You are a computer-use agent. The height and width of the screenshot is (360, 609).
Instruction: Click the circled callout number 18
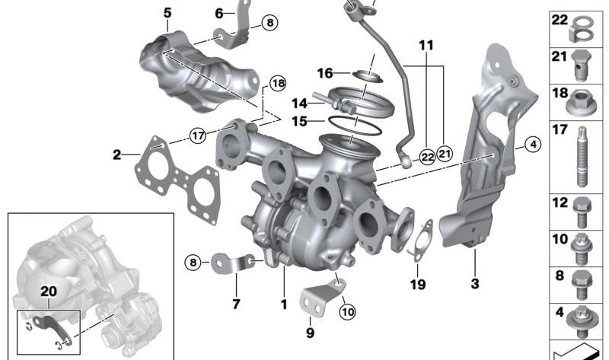(278, 83)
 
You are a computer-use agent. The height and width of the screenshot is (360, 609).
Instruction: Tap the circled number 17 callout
(198, 136)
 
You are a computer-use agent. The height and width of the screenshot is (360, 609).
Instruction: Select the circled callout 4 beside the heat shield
(533, 145)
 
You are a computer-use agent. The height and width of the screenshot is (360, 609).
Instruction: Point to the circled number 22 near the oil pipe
(427, 158)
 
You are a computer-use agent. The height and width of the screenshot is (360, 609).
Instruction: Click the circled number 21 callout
(445, 155)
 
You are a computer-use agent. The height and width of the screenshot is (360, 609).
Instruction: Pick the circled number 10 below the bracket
(347, 311)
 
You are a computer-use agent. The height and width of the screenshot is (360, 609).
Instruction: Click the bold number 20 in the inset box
(49, 292)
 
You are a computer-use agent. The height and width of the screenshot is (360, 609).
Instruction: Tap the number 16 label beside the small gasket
(325, 73)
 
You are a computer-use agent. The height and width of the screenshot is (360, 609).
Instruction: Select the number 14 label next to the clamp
(299, 104)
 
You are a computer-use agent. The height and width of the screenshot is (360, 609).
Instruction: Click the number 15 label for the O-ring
(299, 122)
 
